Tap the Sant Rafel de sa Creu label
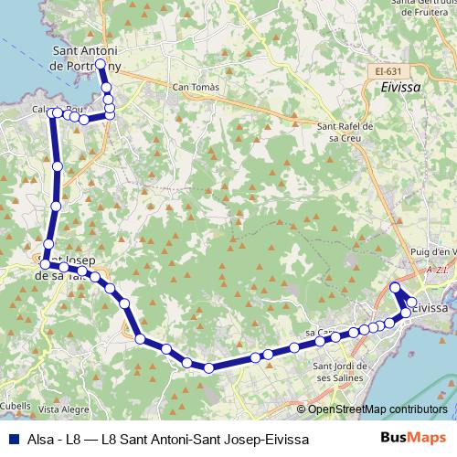tap(345, 133)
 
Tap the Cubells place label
tap(15, 406)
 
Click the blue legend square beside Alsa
tap(14, 440)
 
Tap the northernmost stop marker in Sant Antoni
tap(101, 65)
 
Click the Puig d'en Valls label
tap(434, 252)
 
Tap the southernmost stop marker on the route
tap(209, 368)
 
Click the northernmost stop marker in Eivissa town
tap(395, 288)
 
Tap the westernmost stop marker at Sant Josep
tap(45, 264)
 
